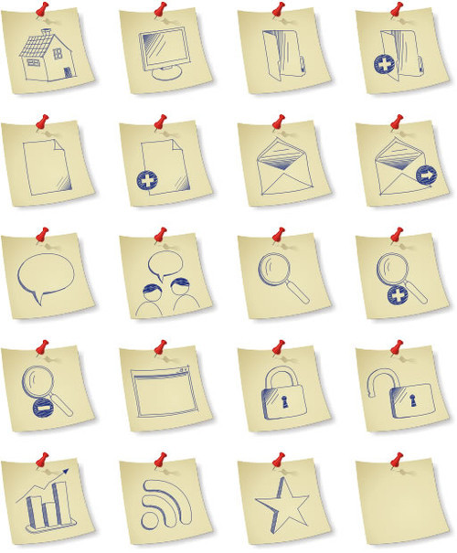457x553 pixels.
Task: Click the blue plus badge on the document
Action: (146, 180)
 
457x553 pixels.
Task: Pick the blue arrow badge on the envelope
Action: (426, 175)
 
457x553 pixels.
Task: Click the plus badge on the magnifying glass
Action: (397, 295)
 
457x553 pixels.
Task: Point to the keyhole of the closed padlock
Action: (283, 400)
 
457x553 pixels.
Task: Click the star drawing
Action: (280, 501)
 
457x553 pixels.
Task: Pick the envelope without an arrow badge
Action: (281, 168)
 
